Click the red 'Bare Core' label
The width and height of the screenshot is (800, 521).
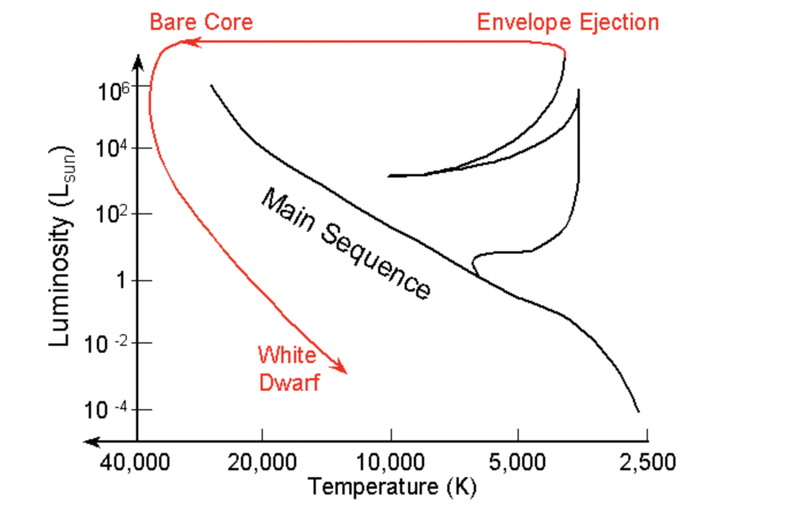click(201, 22)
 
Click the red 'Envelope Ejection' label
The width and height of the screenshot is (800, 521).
click(568, 22)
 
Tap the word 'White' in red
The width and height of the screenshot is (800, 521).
click(286, 355)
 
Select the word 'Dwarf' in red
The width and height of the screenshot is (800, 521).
click(289, 382)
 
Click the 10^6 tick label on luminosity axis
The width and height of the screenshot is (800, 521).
click(113, 91)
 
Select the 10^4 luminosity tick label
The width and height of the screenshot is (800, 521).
click(111, 149)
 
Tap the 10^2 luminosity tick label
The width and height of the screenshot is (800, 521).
click(111, 214)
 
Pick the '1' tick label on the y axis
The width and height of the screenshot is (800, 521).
click(121, 281)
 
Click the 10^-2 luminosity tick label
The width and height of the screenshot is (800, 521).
click(105, 344)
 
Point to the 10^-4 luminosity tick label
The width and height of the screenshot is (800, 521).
click(105, 410)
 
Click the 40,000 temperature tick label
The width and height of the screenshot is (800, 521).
click(135, 462)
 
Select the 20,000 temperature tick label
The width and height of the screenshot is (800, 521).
click(262, 462)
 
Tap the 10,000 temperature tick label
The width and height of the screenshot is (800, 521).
click(391, 462)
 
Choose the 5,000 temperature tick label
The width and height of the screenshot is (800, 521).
click(518, 462)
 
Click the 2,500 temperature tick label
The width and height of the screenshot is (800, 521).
click(647, 462)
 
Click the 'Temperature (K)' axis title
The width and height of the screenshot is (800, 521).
click(392, 487)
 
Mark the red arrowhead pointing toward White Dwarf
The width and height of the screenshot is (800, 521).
click(340, 367)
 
